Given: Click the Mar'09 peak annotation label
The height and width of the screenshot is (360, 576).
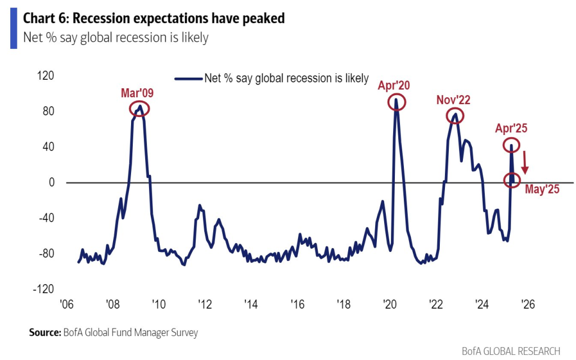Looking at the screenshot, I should [x=137, y=93].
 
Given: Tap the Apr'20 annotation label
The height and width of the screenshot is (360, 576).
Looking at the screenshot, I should [x=394, y=85].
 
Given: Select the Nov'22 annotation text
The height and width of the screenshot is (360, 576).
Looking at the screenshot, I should [x=453, y=100].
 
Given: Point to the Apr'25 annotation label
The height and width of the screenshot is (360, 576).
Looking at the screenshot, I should [x=511, y=128].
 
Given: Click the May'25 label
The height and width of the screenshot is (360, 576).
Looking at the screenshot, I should [x=542, y=190].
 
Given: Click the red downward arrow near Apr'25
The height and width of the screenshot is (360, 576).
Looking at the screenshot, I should [x=525, y=162].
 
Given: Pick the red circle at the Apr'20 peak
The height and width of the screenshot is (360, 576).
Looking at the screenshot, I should [x=396, y=102].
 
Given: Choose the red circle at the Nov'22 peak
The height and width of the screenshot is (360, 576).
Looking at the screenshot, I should [x=455, y=116].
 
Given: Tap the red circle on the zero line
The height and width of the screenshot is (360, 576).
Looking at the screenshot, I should [x=512, y=180].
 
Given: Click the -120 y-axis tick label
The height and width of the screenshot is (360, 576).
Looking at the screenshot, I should [x=44, y=289].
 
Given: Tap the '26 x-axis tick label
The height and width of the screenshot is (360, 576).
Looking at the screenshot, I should [x=528, y=304].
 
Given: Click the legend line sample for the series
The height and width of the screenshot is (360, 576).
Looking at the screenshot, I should [x=188, y=79].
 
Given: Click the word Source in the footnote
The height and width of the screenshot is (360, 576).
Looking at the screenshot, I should [x=44, y=332].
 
